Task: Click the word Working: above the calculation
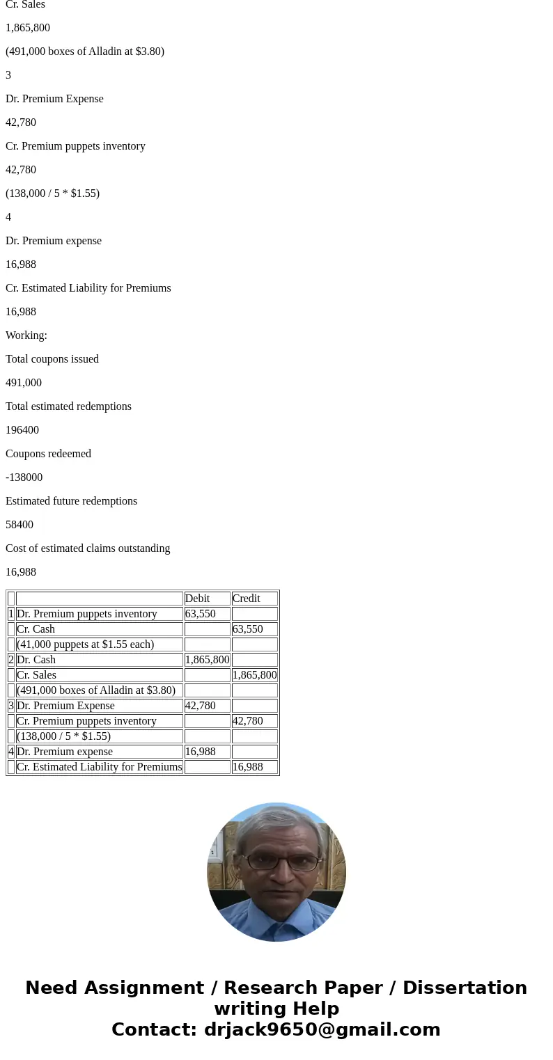coord(26,335)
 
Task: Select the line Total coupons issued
coord(52,359)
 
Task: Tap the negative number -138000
coord(24,477)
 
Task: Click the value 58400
coord(20,525)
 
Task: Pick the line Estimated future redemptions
coord(71,501)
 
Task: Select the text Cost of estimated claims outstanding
coord(88,548)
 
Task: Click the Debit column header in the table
coord(198,599)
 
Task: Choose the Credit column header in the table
coord(247,599)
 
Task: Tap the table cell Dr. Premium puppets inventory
coord(87,614)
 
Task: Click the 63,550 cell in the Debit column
coord(201,614)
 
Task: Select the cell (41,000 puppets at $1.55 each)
coord(86,644)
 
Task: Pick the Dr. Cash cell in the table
coord(36,660)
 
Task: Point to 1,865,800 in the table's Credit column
coord(254,675)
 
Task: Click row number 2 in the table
coord(11,660)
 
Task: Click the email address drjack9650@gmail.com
coord(322,1029)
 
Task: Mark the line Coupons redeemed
coord(48,454)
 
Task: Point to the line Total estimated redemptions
coord(68,406)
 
